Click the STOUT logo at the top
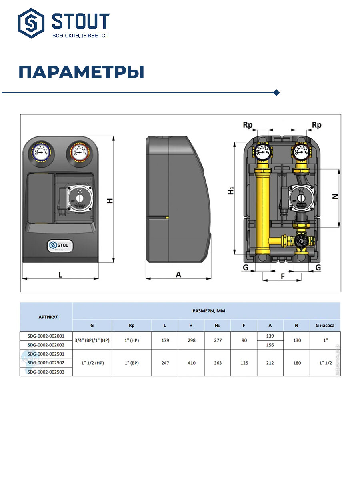(64, 24)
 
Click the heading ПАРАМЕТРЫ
(81, 72)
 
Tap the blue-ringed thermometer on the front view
(42, 152)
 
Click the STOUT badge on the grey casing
(60, 245)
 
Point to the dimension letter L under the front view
(60, 275)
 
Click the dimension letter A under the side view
(178, 275)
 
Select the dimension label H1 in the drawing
(231, 191)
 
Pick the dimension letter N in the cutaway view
(335, 196)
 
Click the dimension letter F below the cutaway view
(283, 276)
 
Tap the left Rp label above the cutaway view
(248, 125)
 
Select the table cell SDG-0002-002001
(46, 336)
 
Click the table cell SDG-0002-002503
(46, 372)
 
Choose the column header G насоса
(325, 325)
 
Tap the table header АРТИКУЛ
(46, 317)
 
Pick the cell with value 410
(191, 363)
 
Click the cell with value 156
(270, 345)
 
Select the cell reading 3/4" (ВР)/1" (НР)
(92, 340)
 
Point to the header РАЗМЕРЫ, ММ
(206, 310)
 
